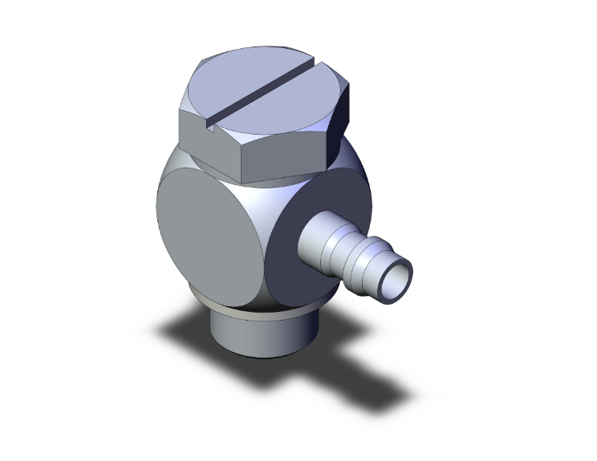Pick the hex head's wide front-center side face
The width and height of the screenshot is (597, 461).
tap(281, 160)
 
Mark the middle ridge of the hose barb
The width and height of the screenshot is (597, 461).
tap(353, 257)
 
